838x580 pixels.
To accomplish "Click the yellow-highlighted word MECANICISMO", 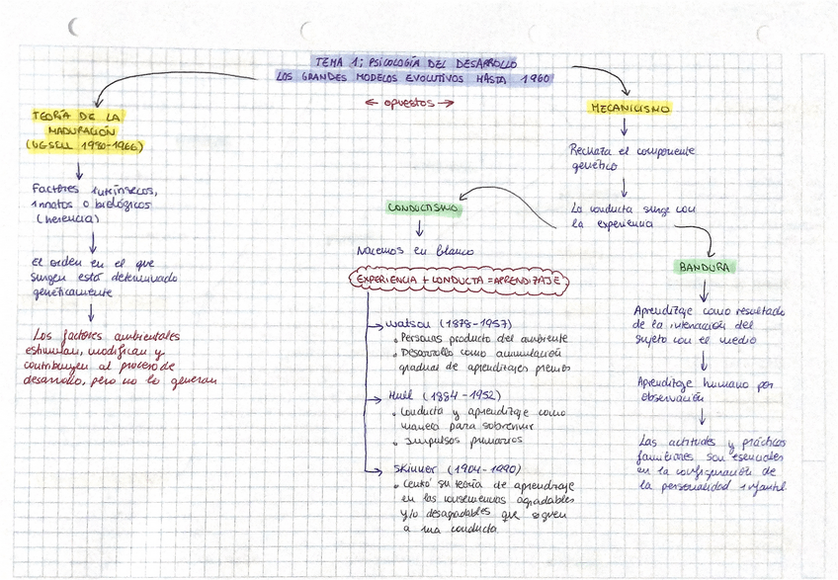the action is point(629,109).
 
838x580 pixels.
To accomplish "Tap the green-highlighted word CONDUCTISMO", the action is point(422,209).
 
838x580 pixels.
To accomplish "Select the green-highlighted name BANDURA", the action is point(705,268).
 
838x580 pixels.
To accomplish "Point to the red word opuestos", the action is point(409,102).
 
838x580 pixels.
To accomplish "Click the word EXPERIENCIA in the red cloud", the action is point(388,281).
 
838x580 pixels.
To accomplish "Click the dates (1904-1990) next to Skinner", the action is point(483,468).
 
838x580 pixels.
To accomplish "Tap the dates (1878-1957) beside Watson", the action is point(478,324).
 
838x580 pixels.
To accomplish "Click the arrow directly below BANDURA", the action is point(704,290).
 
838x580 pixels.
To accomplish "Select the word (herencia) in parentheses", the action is point(65,219).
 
